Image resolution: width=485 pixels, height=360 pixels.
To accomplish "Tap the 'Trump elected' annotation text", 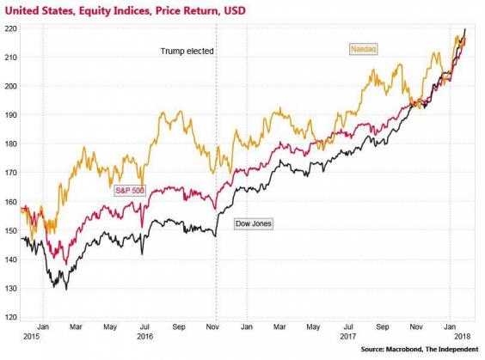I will pos(187,52).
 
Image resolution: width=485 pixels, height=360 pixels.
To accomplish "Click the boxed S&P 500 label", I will pos(132,190).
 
